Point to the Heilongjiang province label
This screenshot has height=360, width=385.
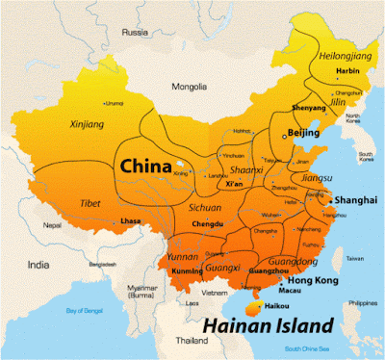pyautogui.click(x=342, y=56)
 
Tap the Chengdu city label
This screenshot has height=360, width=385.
pyautogui.click(x=207, y=223)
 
